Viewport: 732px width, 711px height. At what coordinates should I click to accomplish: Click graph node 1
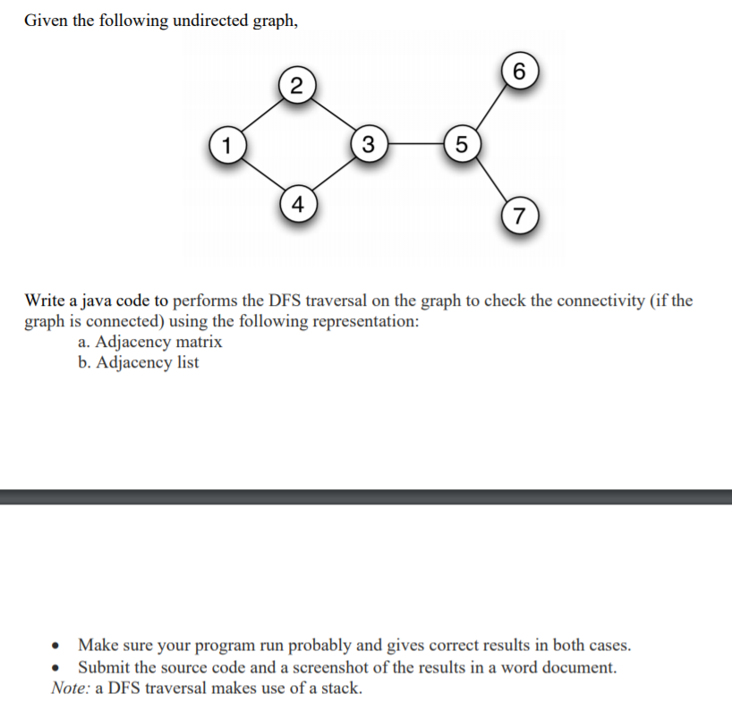click(229, 142)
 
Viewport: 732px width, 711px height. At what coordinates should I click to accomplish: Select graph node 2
click(297, 86)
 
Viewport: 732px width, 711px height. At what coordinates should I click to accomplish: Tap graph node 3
click(369, 142)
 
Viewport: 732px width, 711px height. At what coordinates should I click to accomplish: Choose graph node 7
click(519, 216)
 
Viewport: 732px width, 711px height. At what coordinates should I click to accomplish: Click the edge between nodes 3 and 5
click(414, 142)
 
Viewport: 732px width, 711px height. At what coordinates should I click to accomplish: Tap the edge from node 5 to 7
click(489, 178)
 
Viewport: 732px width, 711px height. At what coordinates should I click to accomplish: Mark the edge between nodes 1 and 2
click(262, 114)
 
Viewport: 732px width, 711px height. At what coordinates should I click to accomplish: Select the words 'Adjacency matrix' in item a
click(158, 342)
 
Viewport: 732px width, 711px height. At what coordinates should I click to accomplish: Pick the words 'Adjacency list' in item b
click(147, 362)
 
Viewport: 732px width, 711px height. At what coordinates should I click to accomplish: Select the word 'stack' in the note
click(341, 688)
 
